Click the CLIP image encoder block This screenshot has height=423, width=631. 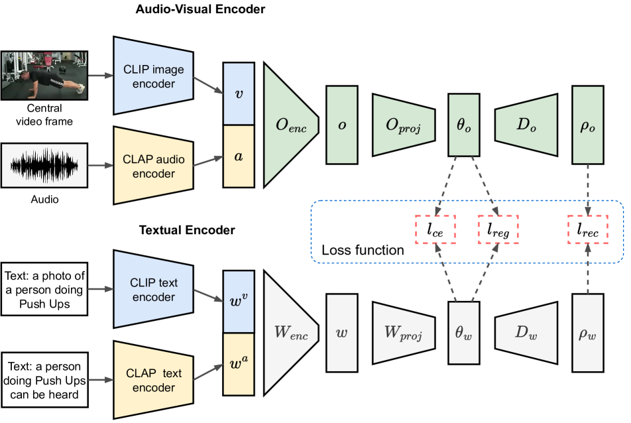point(153,76)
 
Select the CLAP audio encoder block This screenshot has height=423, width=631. point(153,166)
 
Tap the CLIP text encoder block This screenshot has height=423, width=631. point(153,289)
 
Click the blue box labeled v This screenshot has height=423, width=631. point(239,93)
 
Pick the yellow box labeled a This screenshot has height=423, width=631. point(239,156)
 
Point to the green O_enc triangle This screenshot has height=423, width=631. point(286,125)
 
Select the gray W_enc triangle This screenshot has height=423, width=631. point(286,333)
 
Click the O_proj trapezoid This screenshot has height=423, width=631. point(403,125)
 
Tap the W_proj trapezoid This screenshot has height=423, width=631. point(403,333)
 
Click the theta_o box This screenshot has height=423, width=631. point(464,125)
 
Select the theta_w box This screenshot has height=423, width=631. point(464,333)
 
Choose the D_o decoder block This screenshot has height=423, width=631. point(526,125)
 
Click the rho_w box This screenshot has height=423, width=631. point(587,333)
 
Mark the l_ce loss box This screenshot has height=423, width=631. point(435,230)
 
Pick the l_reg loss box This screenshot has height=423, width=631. point(498,230)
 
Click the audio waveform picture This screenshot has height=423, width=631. point(44,165)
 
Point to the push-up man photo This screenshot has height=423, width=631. point(44,75)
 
